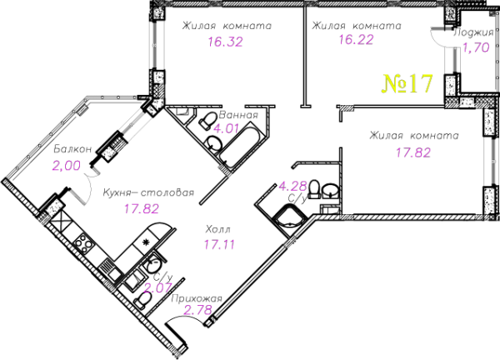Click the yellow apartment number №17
pos(407,83)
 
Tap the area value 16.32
pos(226,42)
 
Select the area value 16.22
pos(356,40)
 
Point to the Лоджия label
pos(473,32)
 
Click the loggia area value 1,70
pos(476,47)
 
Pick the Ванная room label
pos(238,115)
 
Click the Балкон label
pos(72,149)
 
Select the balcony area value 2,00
pos(67,166)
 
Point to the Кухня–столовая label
pos(148,192)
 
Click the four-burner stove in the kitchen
pos(83,244)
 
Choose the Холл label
pos(218,229)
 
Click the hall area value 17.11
pos(219,244)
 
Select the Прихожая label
pos(197,299)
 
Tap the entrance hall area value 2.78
pos(198,310)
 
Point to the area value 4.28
pos(292,186)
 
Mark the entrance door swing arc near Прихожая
pos(185,317)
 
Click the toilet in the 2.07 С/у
pos(142,300)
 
